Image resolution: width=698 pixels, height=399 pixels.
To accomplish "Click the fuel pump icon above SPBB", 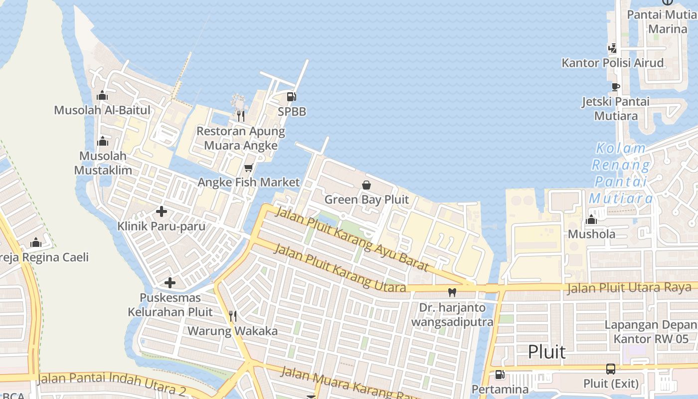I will click(292, 97).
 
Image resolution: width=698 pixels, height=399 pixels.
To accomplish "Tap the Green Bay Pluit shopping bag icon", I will click(366, 186).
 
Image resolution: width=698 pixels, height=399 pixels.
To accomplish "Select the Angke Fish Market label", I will click(249, 183).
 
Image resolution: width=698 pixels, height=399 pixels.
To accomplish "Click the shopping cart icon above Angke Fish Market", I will click(249, 168).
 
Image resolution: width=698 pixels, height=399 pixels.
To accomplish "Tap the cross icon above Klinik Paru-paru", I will click(161, 211).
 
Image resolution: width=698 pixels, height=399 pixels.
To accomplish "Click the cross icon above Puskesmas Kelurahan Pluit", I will click(170, 283).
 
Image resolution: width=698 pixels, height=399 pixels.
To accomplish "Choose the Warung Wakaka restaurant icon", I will click(232, 316).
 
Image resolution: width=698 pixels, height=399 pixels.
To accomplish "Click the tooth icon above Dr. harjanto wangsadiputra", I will click(452, 293).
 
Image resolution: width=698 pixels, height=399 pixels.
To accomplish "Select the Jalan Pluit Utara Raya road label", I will click(629, 288).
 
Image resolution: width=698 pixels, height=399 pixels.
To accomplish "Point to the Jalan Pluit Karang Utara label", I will click(340, 268).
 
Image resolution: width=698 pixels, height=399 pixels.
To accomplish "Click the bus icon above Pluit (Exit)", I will click(611, 369).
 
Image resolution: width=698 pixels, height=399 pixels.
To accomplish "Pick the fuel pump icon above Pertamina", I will click(499, 375).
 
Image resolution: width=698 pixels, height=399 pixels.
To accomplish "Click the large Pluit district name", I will click(547, 352).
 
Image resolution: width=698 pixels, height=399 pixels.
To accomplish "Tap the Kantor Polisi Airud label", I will click(613, 63).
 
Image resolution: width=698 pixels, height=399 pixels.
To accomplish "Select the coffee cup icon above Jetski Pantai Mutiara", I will click(616, 87).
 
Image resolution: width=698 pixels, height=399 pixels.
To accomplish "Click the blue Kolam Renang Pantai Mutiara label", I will click(621, 173).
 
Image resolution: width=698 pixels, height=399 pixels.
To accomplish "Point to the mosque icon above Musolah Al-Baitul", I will click(102, 95).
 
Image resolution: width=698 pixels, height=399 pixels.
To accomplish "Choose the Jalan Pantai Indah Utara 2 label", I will click(111, 383).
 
